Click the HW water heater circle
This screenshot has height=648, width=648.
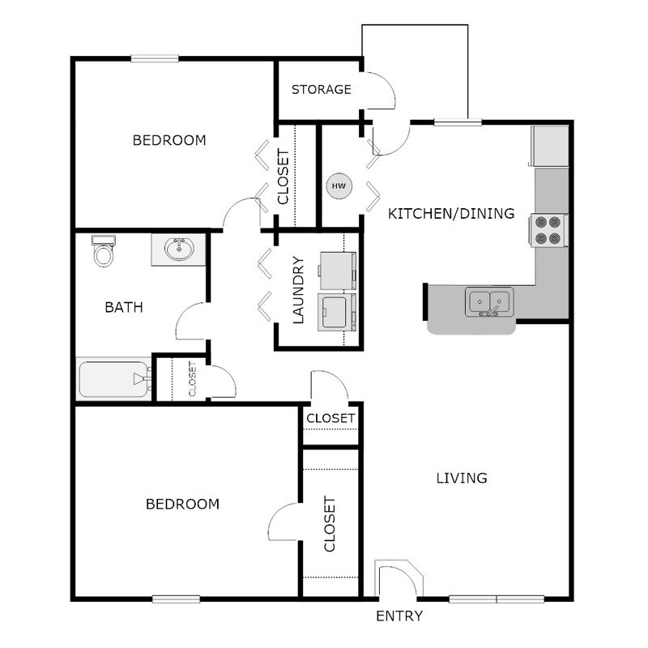[339, 186]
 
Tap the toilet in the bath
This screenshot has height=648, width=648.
[103, 252]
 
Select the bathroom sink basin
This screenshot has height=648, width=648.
[178, 249]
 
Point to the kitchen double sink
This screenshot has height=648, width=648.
[488, 302]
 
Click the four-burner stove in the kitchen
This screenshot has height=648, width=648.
[548, 229]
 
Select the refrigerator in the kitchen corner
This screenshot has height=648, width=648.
[550, 147]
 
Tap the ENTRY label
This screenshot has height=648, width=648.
[399, 616]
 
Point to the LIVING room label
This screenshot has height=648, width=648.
[462, 478]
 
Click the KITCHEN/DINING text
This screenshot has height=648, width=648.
[451, 214]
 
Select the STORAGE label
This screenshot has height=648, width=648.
[322, 89]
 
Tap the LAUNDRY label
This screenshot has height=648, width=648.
[297, 290]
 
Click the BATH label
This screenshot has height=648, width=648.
[124, 307]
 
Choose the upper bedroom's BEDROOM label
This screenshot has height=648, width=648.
[169, 140]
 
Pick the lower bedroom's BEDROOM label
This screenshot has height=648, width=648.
[182, 504]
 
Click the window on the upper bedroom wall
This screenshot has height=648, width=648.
[155, 58]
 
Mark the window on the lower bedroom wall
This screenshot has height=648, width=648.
[176, 599]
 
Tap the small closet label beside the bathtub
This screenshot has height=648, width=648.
[192, 378]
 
